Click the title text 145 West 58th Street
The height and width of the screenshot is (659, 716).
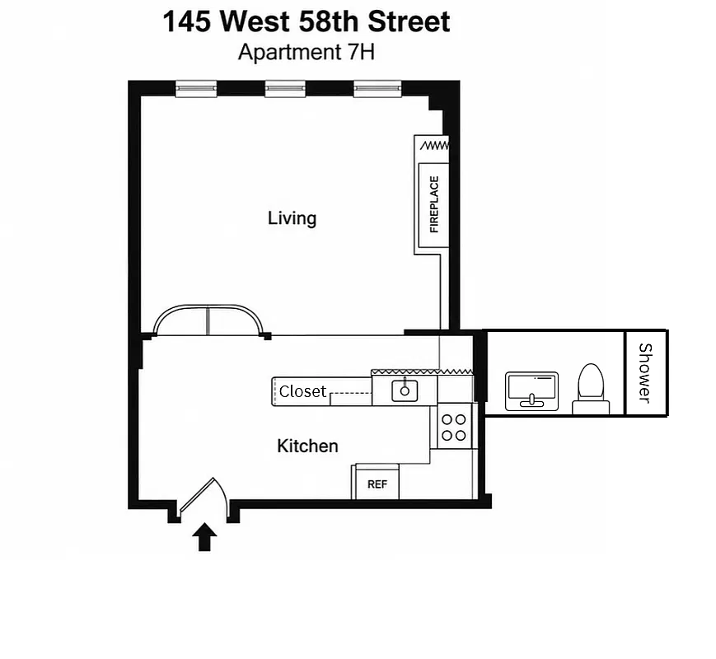pyautogui.click(x=307, y=21)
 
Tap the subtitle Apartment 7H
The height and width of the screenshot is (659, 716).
pyautogui.click(x=307, y=52)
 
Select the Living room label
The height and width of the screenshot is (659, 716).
pyautogui.click(x=292, y=218)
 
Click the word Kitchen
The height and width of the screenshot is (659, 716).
pyautogui.click(x=307, y=446)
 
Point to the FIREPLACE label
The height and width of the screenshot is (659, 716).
pyautogui.click(x=433, y=204)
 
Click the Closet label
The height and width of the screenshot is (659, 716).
pyautogui.click(x=302, y=391)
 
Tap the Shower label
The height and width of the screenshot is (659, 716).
pyautogui.click(x=645, y=373)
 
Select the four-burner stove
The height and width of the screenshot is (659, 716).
pyautogui.click(x=454, y=427)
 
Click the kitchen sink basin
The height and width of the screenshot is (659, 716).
pyautogui.click(x=405, y=391)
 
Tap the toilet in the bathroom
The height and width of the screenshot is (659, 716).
pyautogui.click(x=591, y=389)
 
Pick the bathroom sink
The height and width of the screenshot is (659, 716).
pyautogui.click(x=532, y=391)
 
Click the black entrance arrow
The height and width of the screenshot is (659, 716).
pyautogui.click(x=204, y=537)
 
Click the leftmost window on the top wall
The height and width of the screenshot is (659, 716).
pyautogui.click(x=196, y=89)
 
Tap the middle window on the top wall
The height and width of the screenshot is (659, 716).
pyautogui.click(x=285, y=89)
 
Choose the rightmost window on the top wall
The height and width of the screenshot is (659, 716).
pyautogui.click(x=377, y=89)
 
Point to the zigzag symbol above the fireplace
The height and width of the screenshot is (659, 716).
pyautogui.click(x=434, y=146)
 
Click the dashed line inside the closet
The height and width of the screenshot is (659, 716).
pyautogui.click(x=350, y=393)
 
